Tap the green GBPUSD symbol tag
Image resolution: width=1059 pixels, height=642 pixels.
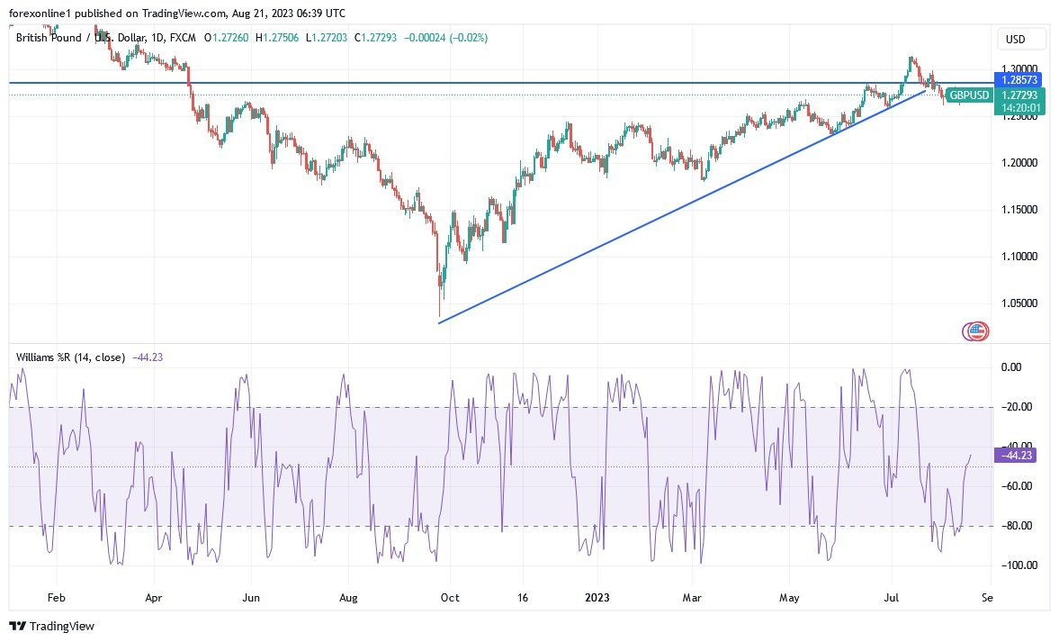click(969, 95)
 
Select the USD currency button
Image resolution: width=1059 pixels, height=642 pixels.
click(1015, 40)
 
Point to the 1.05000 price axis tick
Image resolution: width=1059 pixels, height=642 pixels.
click(1019, 303)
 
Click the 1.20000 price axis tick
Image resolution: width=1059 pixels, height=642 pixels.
click(1019, 163)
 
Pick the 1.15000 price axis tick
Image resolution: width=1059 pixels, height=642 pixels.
click(1019, 210)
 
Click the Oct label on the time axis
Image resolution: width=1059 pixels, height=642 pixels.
click(449, 597)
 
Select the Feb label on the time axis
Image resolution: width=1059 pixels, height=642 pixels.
click(56, 597)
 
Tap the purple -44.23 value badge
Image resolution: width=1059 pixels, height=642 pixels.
click(1016, 456)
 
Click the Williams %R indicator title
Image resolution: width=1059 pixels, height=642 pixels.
click(72, 357)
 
